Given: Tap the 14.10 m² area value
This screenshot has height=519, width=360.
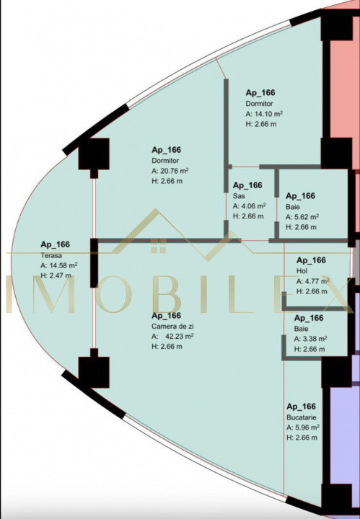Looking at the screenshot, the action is click(x=268, y=114).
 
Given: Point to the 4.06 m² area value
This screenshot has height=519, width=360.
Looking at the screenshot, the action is click(x=253, y=206).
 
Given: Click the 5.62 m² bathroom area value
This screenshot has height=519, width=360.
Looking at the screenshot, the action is click(x=306, y=216).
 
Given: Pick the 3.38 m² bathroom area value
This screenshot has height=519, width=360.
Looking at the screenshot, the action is click(x=315, y=339).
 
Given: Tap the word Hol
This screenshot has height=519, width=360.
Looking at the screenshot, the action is click(x=302, y=271).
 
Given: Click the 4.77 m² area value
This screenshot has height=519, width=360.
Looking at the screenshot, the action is click(x=317, y=281).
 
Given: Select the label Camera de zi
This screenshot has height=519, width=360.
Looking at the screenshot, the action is click(x=172, y=327).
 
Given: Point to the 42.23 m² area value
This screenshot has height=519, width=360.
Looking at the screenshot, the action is click(x=179, y=337).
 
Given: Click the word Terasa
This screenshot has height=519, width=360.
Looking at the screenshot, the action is click(x=51, y=255).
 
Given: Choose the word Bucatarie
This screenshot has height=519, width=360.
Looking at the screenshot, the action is click(x=302, y=417).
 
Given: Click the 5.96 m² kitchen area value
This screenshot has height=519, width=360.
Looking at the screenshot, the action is click(x=307, y=427).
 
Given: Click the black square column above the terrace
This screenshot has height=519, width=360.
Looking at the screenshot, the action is click(x=94, y=154).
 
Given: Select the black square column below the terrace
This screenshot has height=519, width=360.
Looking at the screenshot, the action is click(x=94, y=372).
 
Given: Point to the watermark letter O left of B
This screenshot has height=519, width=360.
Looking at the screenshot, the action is click(x=113, y=294).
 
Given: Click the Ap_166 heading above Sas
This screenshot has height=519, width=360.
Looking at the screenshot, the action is click(x=247, y=185).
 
